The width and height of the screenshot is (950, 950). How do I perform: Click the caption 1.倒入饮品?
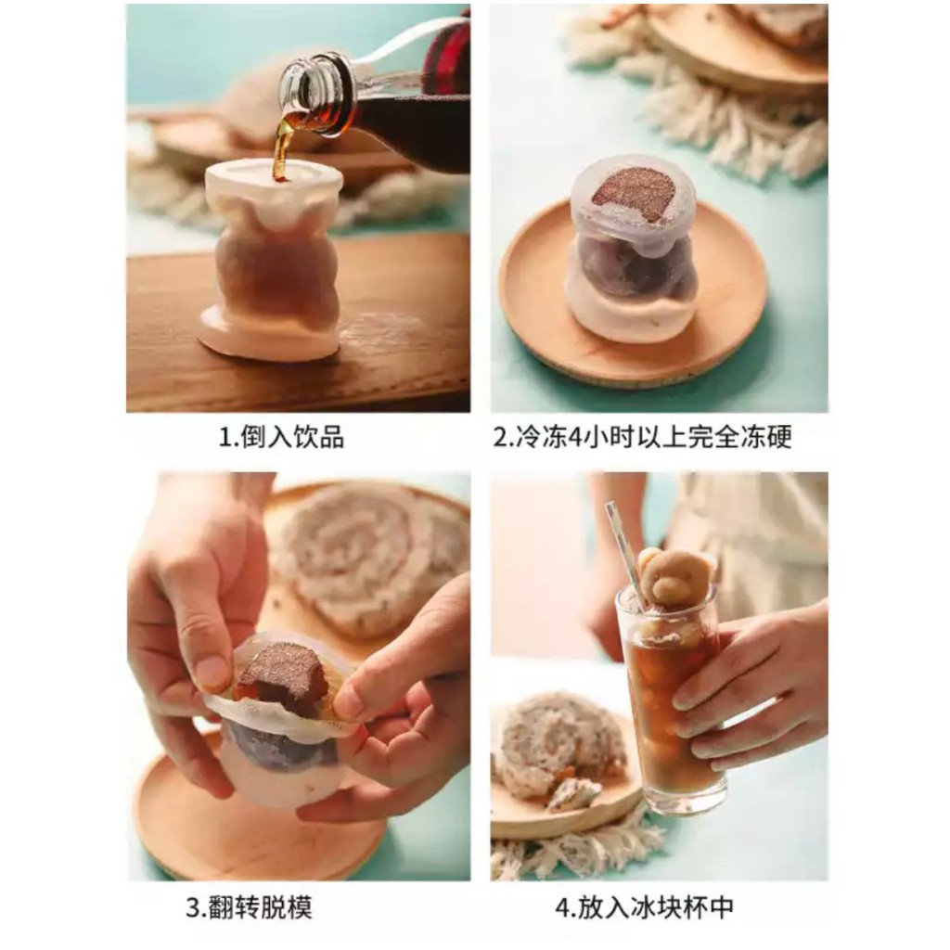coord(281,438)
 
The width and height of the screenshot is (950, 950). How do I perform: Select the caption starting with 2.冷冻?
coord(642,438)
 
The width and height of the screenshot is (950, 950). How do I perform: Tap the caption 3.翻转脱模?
coord(249,906)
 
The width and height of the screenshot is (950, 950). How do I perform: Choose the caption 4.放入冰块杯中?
coord(644,906)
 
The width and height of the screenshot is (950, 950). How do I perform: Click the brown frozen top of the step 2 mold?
coord(634,193)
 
